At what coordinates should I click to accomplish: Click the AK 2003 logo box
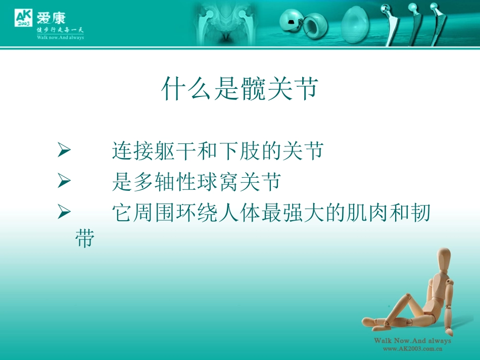point(24,18)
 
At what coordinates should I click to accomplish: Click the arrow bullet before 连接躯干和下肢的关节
point(64,150)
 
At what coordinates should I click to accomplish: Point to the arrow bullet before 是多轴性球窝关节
point(64,181)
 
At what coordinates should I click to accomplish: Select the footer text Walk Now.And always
point(412,341)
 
